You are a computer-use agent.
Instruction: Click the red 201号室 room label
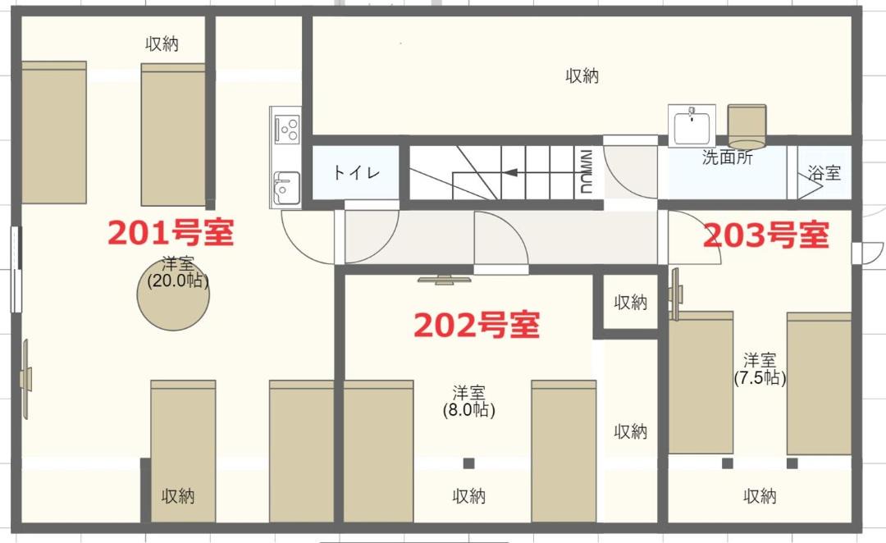coord(171,232)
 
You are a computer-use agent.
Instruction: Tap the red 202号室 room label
coord(477,325)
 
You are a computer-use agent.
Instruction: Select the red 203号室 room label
coord(766,235)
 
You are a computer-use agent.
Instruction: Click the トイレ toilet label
coord(356,171)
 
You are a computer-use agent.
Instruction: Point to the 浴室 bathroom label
coord(824,172)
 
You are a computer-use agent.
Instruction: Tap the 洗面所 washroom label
coord(727,157)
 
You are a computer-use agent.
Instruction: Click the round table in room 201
coord(173,294)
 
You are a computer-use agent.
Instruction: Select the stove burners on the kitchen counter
coord(286,128)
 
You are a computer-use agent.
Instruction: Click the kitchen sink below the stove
coord(286,187)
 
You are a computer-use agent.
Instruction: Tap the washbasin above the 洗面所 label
coord(692,125)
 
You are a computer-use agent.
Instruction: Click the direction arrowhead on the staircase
coord(510,171)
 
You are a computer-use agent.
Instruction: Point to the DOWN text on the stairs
coord(586,171)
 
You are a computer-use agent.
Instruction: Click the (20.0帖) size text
coord(178,281)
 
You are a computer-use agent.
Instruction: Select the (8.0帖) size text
coord(469,409)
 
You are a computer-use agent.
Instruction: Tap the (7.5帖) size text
coord(760,377)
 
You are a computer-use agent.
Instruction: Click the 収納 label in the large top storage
coord(582,75)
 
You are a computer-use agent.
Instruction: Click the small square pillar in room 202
coord(468,463)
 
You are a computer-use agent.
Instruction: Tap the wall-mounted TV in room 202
coord(444,279)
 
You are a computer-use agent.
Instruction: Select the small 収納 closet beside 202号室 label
coord(630,302)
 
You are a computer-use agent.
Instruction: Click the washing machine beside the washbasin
coord(747,126)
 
